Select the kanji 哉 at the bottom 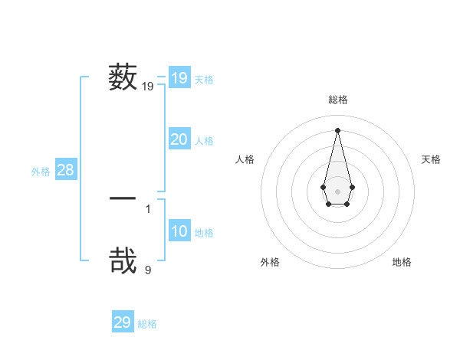123,260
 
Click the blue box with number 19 179,78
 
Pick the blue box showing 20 179,139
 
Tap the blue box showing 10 179,231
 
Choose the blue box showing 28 66,170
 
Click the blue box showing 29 123,322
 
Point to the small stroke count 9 148,270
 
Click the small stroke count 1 148,208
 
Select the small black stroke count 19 148,87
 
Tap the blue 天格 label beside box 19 204,80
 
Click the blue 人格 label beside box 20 204,141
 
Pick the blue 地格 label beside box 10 204,233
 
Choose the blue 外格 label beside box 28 41,172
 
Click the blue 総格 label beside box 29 147,324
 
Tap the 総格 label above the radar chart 337,100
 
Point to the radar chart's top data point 337,129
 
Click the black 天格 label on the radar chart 432,159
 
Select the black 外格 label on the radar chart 270,262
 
